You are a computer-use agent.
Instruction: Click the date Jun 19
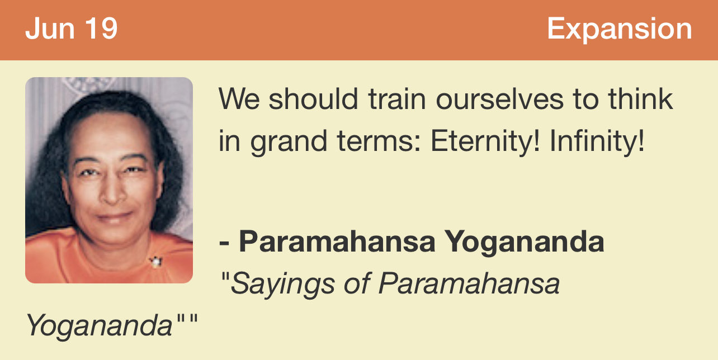click(x=72, y=29)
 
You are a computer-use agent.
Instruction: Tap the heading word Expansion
click(x=619, y=30)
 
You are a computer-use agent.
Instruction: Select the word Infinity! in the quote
click(x=597, y=141)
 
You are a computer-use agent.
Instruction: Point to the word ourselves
click(x=500, y=99)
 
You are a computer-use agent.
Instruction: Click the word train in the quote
click(x=397, y=99)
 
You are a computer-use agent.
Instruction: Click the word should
click(x=313, y=99)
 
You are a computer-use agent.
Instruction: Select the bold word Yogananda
click(x=525, y=243)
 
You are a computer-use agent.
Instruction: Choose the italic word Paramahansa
click(x=469, y=284)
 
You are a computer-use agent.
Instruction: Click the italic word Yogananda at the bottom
click(x=99, y=326)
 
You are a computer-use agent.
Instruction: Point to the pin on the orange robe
click(x=156, y=262)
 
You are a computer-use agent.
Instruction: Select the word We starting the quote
click(x=239, y=99)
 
